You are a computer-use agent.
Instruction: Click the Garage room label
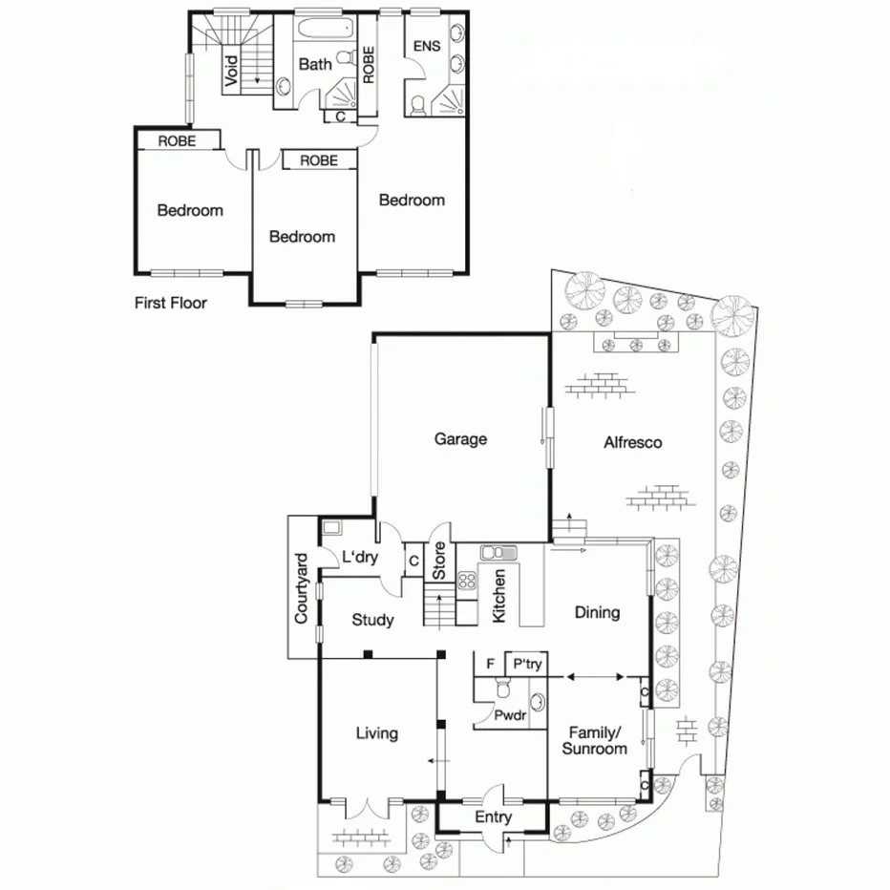(x=460, y=439)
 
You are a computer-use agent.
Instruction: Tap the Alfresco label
(x=632, y=442)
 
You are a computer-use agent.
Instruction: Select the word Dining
(x=597, y=612)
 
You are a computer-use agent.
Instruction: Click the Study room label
(x=372, y=620)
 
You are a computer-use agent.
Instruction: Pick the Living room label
(x=376, y=733)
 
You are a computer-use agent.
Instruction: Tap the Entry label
(x=493, y=817)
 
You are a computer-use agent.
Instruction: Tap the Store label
(x=439, y=562)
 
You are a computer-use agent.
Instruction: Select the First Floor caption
(x=171, y=304)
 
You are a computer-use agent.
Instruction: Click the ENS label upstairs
(x=425, y=47)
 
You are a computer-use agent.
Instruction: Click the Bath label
(x=315, y=64)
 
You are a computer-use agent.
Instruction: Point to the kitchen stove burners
(x=467, y=582)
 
